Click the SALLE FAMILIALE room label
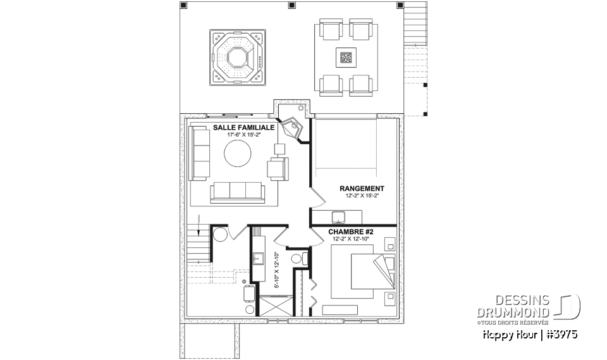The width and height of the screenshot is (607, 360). (x=243, y=127)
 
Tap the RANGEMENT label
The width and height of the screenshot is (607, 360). (x=362, y=189)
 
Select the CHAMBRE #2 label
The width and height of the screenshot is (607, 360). (x=351, y=232)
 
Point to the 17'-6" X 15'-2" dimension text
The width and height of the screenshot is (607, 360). (x=243, y=135)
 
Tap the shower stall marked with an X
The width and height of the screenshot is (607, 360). (x=275, y=307)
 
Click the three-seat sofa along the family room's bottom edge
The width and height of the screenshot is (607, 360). (x=236, y=192)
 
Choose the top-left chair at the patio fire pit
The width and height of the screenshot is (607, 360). (x=329, y=30)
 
